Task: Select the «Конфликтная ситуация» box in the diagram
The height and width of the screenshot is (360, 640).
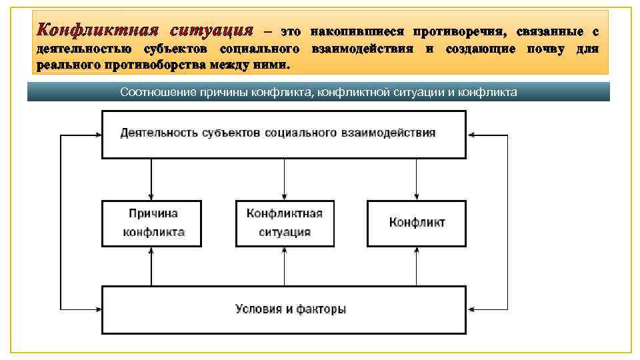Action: [x=285, y=223]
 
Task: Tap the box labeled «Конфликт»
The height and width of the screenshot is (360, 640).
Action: [x=417, y=223]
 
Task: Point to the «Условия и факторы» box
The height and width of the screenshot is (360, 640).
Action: [x=284, y=309]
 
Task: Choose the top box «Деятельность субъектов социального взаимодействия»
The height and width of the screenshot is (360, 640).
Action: [x=284, y=134]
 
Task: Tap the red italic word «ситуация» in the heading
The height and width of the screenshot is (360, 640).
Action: [x=211, y=31]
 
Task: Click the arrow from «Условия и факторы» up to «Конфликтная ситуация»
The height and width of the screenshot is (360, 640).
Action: [x=285, y=266]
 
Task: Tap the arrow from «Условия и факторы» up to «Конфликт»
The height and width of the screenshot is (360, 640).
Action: [x=417, y=266]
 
